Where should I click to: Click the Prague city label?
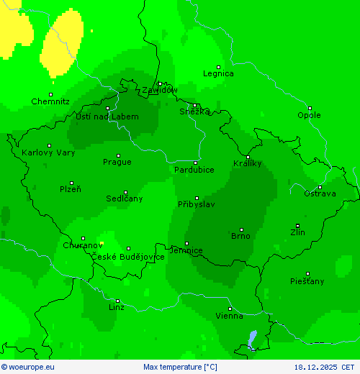pyautogui.click(x=117, y=162)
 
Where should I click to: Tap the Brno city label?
pyautogui.click(x=240, y=236)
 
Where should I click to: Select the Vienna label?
pyautogui.click(x=230, y=316)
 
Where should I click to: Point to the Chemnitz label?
pyautogui.click(x=50, y=102)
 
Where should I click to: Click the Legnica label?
pyautogui.click(x=218, y=73)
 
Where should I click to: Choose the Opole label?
pyautogui.click(x=310, y=115)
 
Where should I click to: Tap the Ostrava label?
pyautogui.click(x=320, y=194)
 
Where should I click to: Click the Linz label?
pyautogui.click(x=116, y=308)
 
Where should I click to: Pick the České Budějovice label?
pyautogui.click(x=127, y=257)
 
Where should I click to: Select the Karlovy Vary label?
pyautogui.click(x=48, y=152)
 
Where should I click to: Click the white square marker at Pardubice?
pyautogui.click(x=195, y=163)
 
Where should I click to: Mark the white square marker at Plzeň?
pyautogui.click(x=71, y=183)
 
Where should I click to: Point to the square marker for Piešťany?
pyautogui.click(x=307, y=273)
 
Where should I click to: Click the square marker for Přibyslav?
pyautogui.click(x=197, y=198)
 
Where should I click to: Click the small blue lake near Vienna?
pyautogui.click(x=251, y=339)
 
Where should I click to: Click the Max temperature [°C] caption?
pyautogui.click(x=180, y=367)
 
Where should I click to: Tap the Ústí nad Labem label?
pyautogui.click(x=107, y=117)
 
